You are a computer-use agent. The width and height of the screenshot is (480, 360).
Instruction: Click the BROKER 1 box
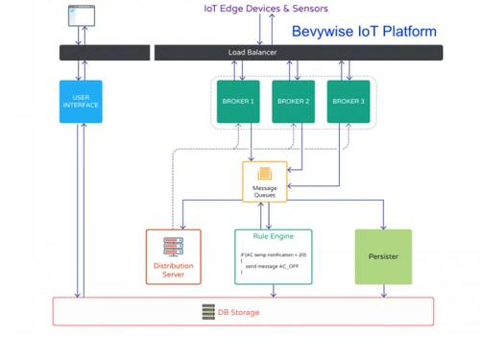(238, 102)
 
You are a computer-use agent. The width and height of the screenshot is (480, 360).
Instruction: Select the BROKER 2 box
(293, 102)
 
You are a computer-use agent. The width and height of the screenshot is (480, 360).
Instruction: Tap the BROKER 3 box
(348, 102)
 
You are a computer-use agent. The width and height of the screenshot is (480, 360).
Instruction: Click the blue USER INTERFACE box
(81, 102)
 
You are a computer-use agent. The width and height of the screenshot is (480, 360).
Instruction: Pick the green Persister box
(383, 256)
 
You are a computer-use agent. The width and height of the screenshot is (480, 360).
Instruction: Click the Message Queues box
(264, 182)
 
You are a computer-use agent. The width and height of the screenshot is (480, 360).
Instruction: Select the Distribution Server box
(174, 256)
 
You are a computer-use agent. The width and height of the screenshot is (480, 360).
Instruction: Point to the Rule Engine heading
(274, 236)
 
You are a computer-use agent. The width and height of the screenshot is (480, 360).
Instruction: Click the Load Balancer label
(252, 52)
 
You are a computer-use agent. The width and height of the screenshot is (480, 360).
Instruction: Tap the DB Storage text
(238, 312)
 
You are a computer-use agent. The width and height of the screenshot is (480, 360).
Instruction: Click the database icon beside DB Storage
(208, 312)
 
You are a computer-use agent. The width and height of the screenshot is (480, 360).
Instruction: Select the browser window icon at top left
(82, 14)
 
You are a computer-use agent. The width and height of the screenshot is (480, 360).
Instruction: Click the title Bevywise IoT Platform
(363, 32)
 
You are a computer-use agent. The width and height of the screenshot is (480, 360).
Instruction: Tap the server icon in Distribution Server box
(174, 245)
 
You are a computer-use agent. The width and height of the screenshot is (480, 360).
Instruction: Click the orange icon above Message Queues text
(264, 174)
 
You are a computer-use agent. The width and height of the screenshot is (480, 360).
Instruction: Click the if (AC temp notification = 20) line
(272, 255)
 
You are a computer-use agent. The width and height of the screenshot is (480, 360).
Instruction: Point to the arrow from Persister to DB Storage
(383, 290)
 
